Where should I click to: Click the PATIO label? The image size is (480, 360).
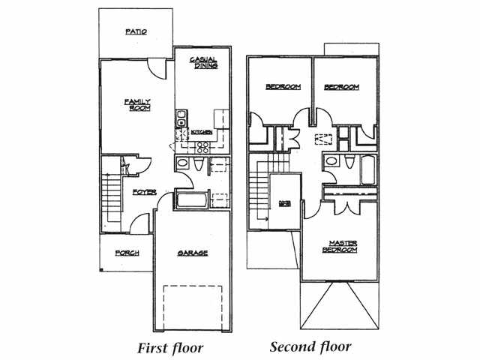(136, 32)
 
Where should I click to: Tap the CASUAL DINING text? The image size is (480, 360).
(203, 63)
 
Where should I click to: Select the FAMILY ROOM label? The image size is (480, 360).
(138, 105)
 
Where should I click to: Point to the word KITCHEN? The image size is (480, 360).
(202, 133)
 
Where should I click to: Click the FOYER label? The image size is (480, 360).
(144, 193)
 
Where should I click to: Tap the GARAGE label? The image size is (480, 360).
(193, 253)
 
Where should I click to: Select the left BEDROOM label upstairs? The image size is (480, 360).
(283, 87)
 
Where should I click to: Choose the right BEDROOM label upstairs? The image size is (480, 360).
(341, 87)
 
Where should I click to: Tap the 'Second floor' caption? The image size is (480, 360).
(310, 347)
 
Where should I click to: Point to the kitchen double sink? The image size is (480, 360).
(181, 118)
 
